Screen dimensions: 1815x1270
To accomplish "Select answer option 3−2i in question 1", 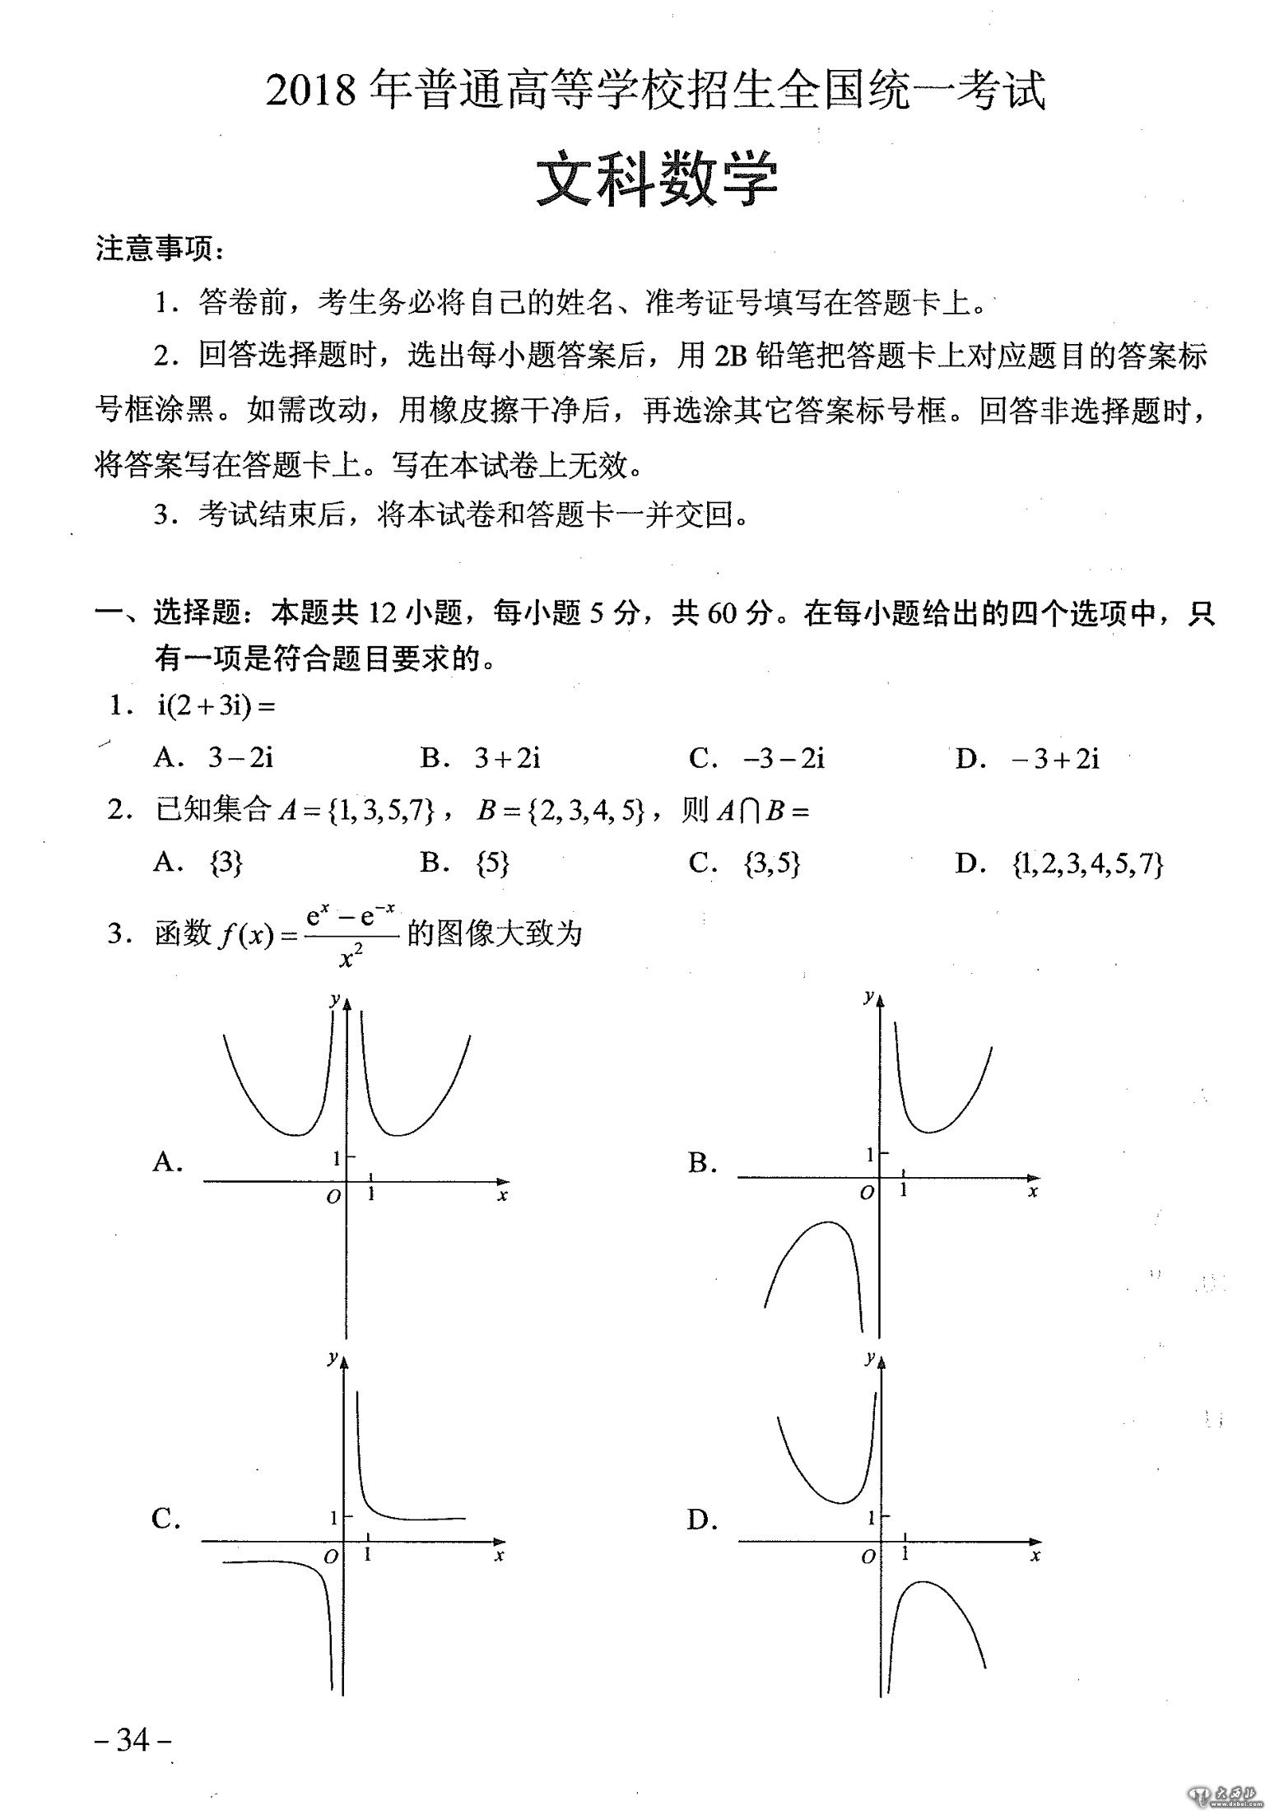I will pyautogui.click(x=240, y=758).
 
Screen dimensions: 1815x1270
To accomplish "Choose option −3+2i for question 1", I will pyautogui.click(x=1055, y=758).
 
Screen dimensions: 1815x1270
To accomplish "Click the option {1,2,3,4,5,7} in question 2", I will pyautogui.click(x=1087, y=863).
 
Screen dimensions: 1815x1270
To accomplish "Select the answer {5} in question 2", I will pyautogui.click(x=492, y=863).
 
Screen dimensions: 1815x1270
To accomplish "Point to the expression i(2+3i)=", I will pyautogui.click(x=216, y=708).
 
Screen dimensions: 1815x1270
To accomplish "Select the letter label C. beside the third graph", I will pyautogui.click(x=166, y=1519).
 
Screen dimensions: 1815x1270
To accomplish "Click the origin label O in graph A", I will pyautogui.click(x=333, y=1197).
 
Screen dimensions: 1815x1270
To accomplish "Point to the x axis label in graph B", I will pyautogui.click(x=1034, y=1191).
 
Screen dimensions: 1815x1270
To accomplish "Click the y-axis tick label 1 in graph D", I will pyautogui.click(x=872, y=1516).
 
